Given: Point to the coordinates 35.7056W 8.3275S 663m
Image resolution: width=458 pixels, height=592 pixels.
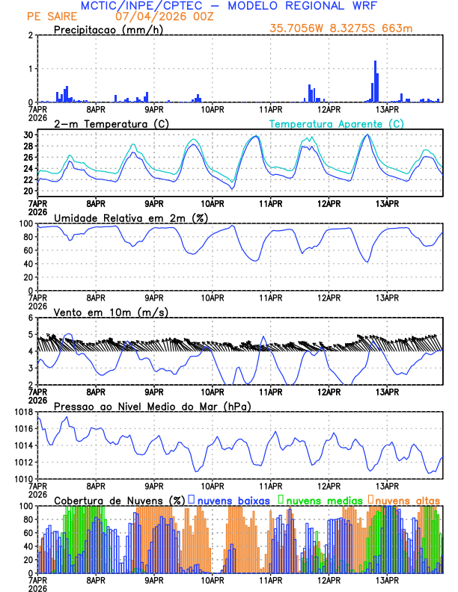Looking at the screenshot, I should click(x=341, y=28).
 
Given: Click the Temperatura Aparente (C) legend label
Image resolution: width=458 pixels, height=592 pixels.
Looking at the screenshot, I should click(x=336, y=123).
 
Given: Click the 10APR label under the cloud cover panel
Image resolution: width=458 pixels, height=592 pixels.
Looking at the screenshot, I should click(x=213, y=580).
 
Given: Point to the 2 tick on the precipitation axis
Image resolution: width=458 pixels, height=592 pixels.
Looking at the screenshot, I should click(x=30, y=35).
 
